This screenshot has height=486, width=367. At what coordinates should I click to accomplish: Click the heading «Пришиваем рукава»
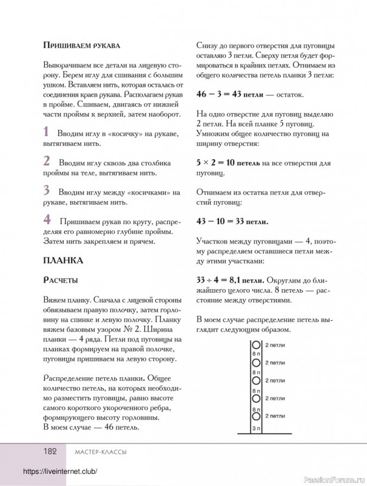(x=82, y=46)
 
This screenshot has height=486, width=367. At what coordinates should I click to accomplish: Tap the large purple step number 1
(x=47, y=131)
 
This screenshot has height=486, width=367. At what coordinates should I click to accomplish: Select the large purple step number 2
(x=47, y=161)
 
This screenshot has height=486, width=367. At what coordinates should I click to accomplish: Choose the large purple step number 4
(x=47, y=219)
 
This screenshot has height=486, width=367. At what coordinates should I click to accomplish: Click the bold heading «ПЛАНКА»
(x=63, y=261)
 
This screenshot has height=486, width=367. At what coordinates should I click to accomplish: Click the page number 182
(x=49, y=451)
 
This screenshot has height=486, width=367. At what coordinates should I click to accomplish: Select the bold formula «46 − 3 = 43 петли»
(x=227, y=95)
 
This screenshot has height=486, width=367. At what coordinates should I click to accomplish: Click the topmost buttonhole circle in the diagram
(x=255, y=345)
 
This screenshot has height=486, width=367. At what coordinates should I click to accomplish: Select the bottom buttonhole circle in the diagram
(x=255, y=417)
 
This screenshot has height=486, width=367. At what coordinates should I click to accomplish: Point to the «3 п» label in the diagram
(x=255, y=429)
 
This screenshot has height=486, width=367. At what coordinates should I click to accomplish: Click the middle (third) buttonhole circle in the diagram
(x=255, y=380)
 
